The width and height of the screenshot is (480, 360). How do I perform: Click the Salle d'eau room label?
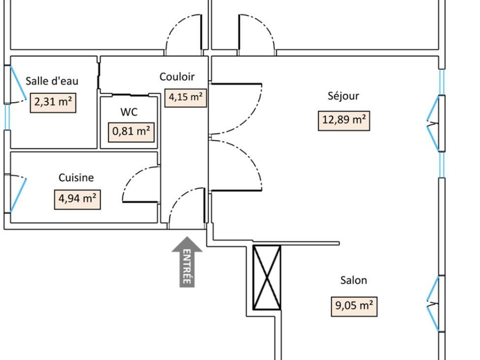coord(52,81)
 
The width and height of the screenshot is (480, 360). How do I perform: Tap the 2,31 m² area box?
coord(53,103)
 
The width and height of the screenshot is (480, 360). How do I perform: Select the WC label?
coord(129,112)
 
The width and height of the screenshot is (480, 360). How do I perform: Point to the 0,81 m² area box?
coord(131,132)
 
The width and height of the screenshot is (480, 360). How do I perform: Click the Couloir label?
coord(177,77)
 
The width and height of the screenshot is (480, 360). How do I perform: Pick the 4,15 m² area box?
coord(186,98)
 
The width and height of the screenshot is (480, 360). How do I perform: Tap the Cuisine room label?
coord(76,177)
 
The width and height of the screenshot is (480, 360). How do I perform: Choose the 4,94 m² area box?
coord(77,200)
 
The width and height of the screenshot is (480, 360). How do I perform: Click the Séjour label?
coord(343,96)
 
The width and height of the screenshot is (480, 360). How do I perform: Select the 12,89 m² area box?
coord(344,121)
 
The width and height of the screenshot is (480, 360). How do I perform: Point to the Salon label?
coord(354,280)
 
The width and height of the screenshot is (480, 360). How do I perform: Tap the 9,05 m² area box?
coord(354,307)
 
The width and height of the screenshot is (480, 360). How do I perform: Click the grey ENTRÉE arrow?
coord(187,262)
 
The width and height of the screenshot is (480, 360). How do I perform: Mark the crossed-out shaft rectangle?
coord(267,278)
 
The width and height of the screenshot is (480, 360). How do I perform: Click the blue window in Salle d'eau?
coord(18,83)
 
